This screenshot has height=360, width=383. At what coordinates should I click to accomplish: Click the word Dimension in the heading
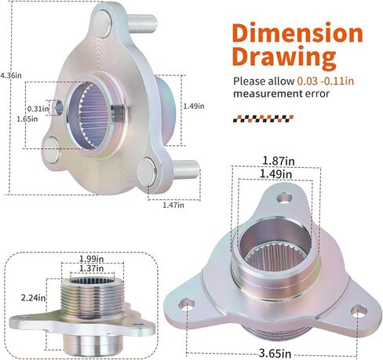click(x=297, y=33)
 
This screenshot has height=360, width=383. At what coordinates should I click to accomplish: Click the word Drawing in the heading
click(x=284, y=56)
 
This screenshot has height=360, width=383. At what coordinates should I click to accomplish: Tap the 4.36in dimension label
click(x=11, y=75)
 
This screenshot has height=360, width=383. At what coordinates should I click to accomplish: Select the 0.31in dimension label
click(x=38, y=108)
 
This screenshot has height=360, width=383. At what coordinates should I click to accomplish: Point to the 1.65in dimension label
click(x=27, y=119)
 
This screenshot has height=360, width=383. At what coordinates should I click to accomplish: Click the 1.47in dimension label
click(x=173, y=205)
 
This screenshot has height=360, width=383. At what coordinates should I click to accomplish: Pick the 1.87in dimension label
click(x=279, y=161)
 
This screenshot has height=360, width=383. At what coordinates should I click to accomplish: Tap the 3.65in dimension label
click(x=275, y=354)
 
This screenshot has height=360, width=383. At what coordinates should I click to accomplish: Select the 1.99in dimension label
click(x=92, y=259)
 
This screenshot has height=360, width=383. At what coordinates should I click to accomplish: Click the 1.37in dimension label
click(x=92, y=268)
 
